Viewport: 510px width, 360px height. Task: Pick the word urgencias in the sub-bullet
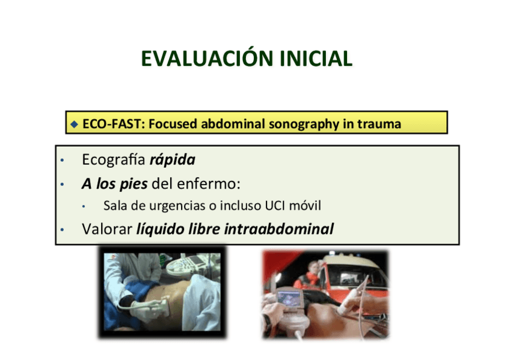point(170,206)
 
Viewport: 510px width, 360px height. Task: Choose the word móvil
point(306,206)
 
